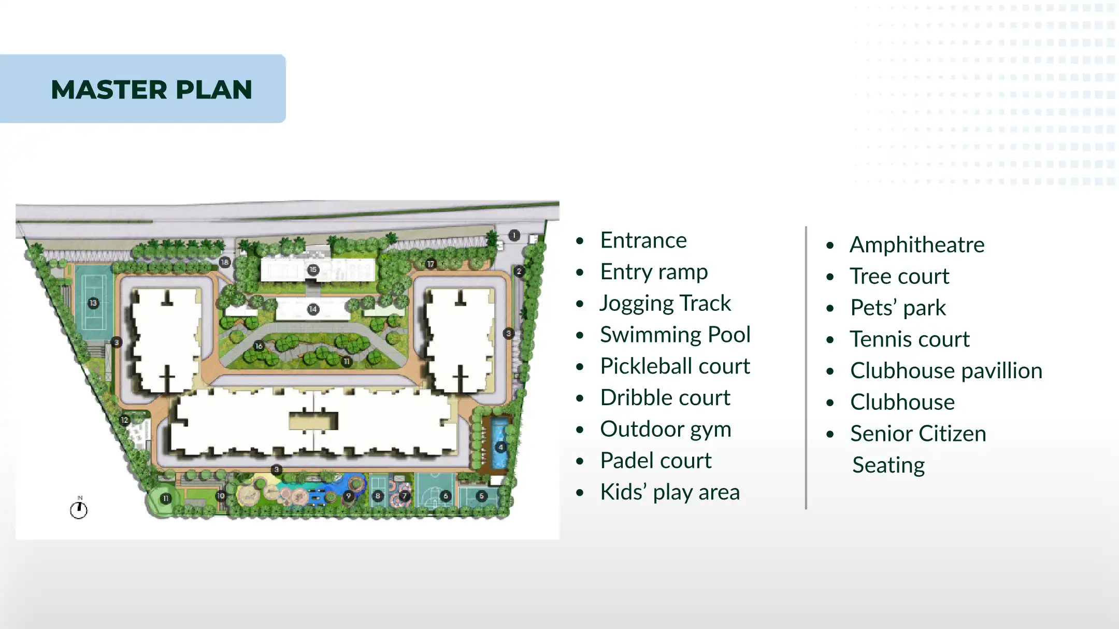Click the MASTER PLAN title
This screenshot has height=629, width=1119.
coord(152,90)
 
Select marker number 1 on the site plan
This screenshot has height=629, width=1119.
coord(514,236)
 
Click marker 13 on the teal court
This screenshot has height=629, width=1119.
coord(93,303)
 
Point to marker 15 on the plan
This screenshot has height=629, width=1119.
coord(313,269)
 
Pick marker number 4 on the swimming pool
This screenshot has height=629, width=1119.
coord(500,447)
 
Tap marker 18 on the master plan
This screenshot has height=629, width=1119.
coord(224,262)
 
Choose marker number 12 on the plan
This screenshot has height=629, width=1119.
coord(124,420)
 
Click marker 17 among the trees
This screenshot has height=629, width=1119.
coord(431,264)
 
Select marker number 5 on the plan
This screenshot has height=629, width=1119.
coord(481,496)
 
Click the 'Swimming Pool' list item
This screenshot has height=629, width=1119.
coord(675,335)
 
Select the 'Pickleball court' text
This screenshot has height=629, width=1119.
coord(675,366)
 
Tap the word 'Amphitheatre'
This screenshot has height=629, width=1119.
coord(917,245)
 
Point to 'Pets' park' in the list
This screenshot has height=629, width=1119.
coord(898,308)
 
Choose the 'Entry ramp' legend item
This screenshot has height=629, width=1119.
coord(654,272)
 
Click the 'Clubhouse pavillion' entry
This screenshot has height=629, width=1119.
coord(946,371)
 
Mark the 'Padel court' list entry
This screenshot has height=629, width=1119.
coord(656,461)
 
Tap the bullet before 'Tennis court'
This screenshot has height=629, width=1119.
coord(830,340)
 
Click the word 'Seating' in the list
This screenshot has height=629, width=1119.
coord(888,465)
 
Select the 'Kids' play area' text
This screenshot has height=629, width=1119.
coord(670,492)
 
